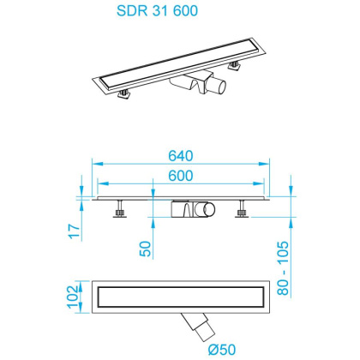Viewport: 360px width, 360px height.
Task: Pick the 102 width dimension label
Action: point(75,295)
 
